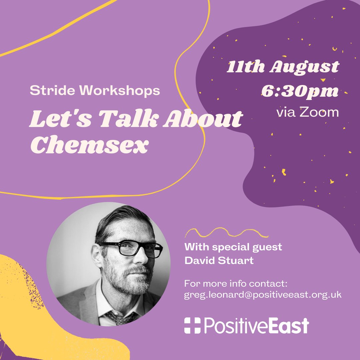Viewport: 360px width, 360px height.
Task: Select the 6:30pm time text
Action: click(x=299, y=91)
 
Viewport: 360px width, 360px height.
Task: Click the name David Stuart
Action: click(x=219, y=260)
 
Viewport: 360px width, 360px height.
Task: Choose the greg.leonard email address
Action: click(x=263, y=295)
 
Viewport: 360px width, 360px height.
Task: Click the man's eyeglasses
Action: click(x=132, y=249)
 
